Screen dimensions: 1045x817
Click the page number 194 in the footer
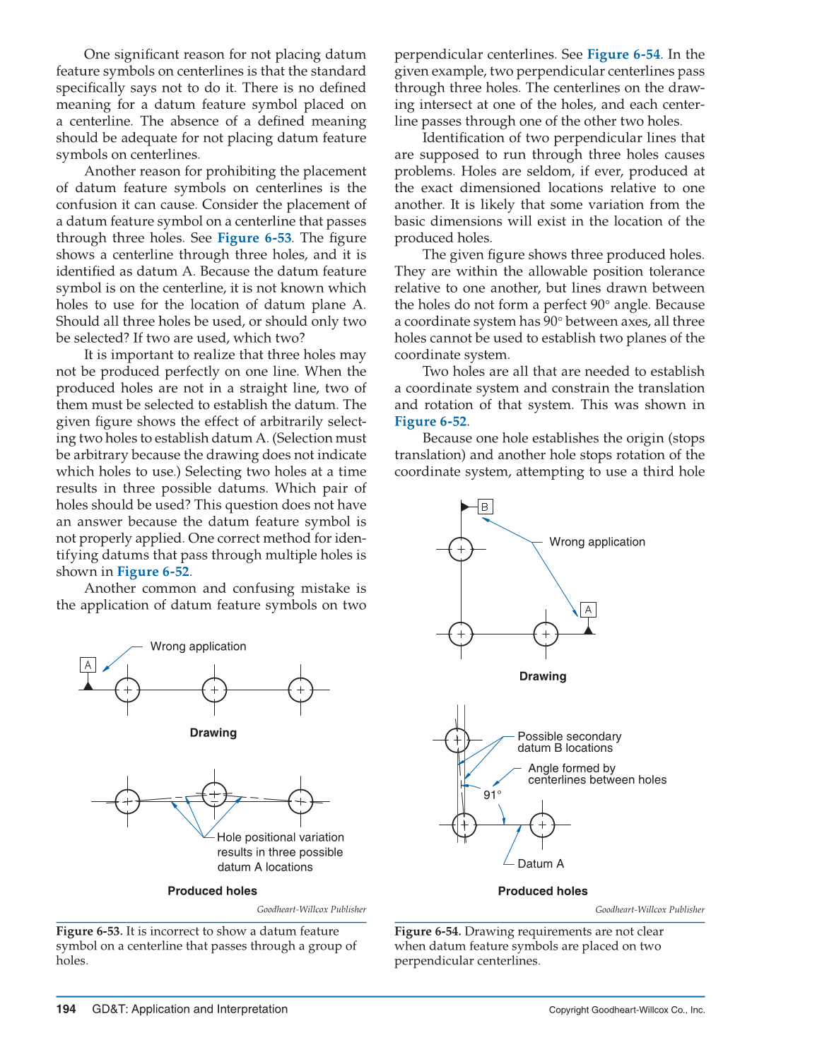pos(66,1009)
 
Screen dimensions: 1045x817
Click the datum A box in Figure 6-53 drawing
pos(88,665)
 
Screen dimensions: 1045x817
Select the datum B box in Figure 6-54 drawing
pos(485,507)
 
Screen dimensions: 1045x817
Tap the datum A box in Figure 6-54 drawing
pos(588,610)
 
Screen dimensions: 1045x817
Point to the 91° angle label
pos(492,795)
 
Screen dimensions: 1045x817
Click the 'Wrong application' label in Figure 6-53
pos(198,647)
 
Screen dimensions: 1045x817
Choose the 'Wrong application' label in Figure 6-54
pos(597,542)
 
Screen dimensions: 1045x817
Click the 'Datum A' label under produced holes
pos(541,863)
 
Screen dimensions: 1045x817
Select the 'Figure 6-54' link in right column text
pos(623,54)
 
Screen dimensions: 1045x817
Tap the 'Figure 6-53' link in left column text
pos(254,238)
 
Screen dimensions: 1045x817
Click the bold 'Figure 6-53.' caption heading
pos(89,931)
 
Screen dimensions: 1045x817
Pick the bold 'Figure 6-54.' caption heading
pos(428,931)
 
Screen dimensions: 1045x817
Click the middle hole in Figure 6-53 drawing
pos(214,690)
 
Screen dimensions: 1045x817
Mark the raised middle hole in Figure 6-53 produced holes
pos(214,795)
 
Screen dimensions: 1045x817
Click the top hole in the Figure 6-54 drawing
pos(461,549)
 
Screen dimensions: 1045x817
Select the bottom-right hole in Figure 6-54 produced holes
pos(542,825)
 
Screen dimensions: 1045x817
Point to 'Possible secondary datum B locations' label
pos(569,742)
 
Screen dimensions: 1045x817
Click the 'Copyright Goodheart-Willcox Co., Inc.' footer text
pos(627,1010)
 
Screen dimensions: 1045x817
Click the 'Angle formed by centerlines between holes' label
pos(597,774)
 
